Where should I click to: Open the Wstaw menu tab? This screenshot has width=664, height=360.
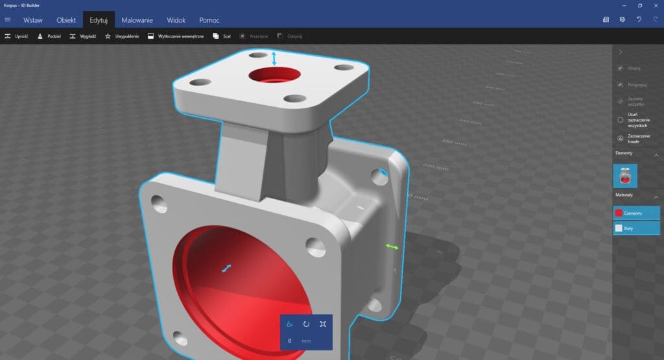[x=33, y=20]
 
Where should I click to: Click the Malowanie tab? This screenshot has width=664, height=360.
[x=137, y=20]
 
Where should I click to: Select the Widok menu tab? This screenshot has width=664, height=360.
[x=176, y=20]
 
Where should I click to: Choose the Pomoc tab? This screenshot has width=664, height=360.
[x=209, y=20]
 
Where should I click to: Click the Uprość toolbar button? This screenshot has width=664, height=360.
[x=17, y=36]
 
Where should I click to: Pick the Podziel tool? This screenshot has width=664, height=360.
[x=49, y=36]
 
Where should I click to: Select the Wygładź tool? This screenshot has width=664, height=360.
[x=83, y=36]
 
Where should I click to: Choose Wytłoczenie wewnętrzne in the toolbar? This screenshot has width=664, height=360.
[x=176, y=36]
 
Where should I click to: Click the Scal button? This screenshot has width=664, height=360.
[x=222, y=36]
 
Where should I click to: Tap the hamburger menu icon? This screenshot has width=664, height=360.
[x=8, y=20]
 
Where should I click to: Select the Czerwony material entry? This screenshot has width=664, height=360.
[x=636, y=213]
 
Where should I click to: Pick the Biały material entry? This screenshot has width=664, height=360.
[x=636, y=228]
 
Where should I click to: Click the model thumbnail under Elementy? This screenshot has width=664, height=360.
[x=625, y=176]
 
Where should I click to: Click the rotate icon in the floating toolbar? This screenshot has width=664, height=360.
[x=306, y=324]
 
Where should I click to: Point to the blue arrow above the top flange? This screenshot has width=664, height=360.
[x=274, y=58]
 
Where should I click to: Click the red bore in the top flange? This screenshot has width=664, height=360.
[x=273, y=75]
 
